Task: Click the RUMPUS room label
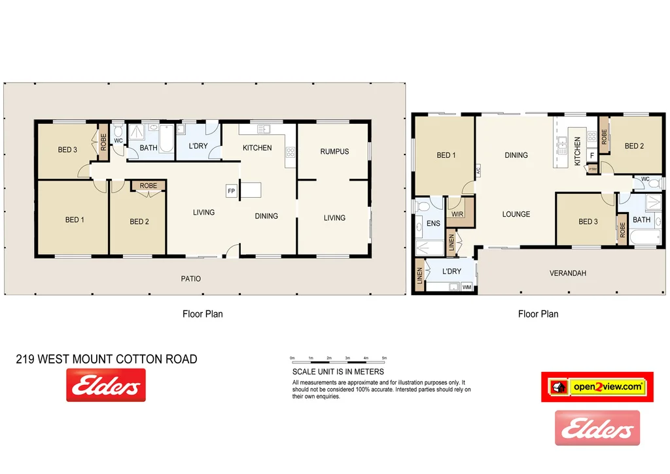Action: click(x=334, y=151)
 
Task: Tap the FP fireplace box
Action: click(x=231, y=191)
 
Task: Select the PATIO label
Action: click(x=191, y=279)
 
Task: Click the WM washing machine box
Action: click(x=467, y=287)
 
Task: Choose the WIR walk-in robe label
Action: click(x=457, y=214)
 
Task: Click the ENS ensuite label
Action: click(x=433, y=224)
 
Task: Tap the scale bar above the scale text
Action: click(x=339, y=359)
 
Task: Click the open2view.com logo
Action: click(x=597, y=387)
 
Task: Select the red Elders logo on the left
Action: click(x=106, y=385)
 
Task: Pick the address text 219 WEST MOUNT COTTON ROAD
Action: click(x=106, y=359)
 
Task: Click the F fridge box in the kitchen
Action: click(x=591, y=156)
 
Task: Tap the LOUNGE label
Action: click(x=516, y=214)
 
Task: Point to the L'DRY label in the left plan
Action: click(x=198, y=146)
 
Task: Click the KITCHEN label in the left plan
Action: click(x=257, y=148)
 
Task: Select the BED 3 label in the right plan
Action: click(x=588, y=222)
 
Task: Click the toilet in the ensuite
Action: click(x=422, y=206)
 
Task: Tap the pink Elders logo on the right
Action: click(x=597, y=428)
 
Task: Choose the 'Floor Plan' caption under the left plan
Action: click(x=202, y=314)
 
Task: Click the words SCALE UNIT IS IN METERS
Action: click(x=338, y=372)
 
